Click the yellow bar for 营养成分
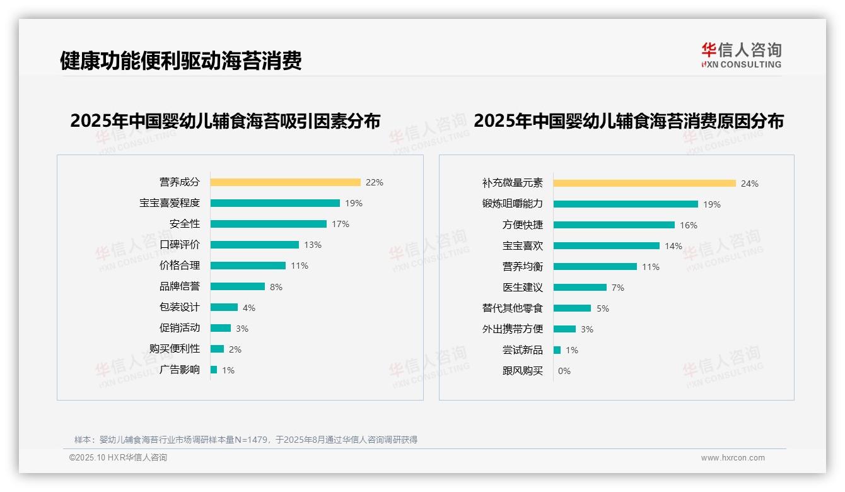(x=285, y=182)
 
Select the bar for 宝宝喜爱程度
(x=275, y=203)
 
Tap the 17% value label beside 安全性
(x=341, y=224)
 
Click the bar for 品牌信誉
(x=237, y=286)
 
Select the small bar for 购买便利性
(x=217, y=349)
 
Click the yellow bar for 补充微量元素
(x=644, y=184)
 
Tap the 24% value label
(x=750, y=184)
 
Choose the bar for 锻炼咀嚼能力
(x=626, y=204)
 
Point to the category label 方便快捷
(x=522, y=225)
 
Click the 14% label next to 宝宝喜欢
(x=673, y=246)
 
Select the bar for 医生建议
(x=580, y=288)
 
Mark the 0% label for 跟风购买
(x=564, y=371)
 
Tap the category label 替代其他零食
(x=512, y=308)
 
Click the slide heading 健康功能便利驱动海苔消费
(x=181, y=61)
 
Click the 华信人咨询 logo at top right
(x=741, y=56)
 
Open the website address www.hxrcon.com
(x=733, y=458)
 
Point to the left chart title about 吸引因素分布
(x=225, y=121)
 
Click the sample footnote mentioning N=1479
(x=246, y=440)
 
